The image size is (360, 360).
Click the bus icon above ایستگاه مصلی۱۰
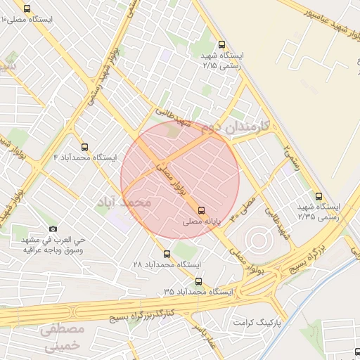[27, 9]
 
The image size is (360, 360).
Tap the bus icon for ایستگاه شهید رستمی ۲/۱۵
[222, 44]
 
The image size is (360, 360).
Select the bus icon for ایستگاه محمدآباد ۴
[84, 147]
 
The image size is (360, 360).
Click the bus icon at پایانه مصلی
[202, 210]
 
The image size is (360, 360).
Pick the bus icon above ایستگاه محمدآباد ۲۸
[167, 254]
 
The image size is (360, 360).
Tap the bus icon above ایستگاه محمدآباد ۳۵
[198, 281]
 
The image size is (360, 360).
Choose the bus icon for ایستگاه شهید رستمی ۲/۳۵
[319, 197]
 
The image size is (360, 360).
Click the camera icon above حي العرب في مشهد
[53, 229]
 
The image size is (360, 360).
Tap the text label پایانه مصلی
[202, 221]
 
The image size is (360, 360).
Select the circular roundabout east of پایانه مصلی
[259, 240]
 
